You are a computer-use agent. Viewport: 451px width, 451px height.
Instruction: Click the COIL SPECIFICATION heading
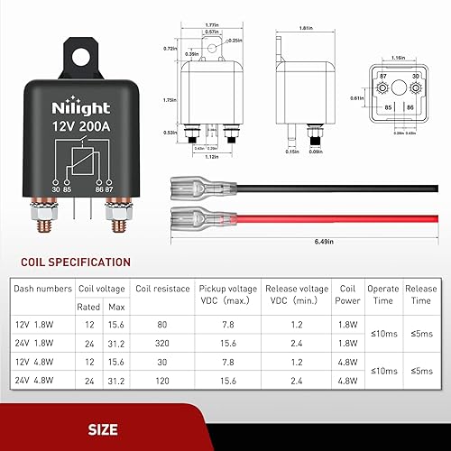[x=70, y=262]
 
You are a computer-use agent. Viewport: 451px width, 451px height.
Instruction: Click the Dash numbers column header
[x=42, y=289]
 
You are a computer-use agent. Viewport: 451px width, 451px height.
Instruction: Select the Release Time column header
[x=422, y=296]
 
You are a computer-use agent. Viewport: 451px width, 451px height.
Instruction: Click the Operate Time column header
[x=383, y=296]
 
